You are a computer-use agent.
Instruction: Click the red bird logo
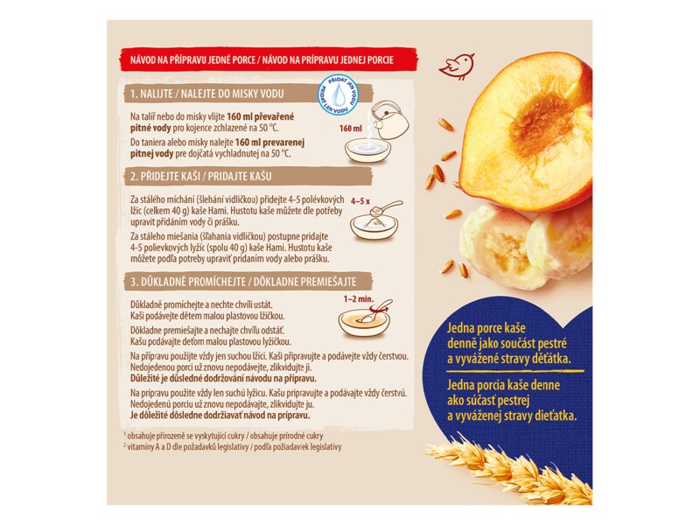456,66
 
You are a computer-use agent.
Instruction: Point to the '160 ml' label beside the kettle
351,129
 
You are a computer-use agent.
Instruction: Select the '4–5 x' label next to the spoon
360,201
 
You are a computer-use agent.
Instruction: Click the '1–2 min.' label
359,298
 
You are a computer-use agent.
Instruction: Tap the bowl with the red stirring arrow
364,318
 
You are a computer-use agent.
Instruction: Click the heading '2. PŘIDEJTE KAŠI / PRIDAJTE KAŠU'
201,177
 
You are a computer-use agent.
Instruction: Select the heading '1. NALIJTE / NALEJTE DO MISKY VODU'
207,94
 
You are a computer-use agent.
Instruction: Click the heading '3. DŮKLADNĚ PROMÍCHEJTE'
187,282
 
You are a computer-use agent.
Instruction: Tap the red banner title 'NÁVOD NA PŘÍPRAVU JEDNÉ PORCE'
192,59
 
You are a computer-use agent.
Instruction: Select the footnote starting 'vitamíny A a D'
232,447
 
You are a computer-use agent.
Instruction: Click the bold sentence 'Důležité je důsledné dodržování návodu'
223,379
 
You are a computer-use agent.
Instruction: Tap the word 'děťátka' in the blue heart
552,359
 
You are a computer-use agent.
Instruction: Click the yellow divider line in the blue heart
515,370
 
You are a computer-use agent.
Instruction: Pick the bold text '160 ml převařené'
263,117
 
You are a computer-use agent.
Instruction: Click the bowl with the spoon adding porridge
374,222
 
